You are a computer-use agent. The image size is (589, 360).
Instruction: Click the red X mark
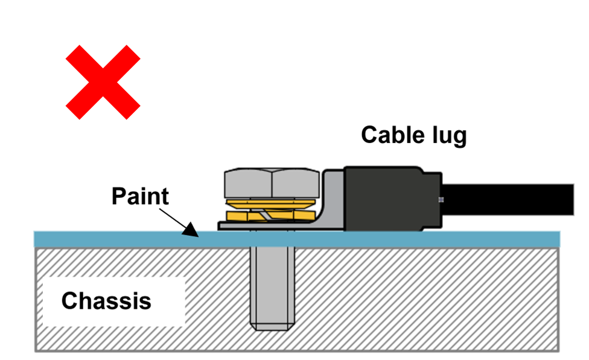[x=103, y=83]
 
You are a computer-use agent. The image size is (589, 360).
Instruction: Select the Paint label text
[x=140, y=196]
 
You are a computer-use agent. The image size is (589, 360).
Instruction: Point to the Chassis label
[x=106, y=300]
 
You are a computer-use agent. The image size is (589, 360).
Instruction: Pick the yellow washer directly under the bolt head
[x=271, y=201]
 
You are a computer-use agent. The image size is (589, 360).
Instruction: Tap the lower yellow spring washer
[x=271, y=215]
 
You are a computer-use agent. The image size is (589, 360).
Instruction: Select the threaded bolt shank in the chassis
[x=272, y=283]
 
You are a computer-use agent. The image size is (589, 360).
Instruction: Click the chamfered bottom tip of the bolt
[x=272, y=326]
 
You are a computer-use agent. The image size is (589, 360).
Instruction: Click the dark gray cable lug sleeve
[x=384, y=199]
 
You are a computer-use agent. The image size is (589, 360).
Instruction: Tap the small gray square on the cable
[x=442, y=200]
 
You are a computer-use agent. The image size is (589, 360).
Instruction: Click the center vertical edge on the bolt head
[x=272, y=182]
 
